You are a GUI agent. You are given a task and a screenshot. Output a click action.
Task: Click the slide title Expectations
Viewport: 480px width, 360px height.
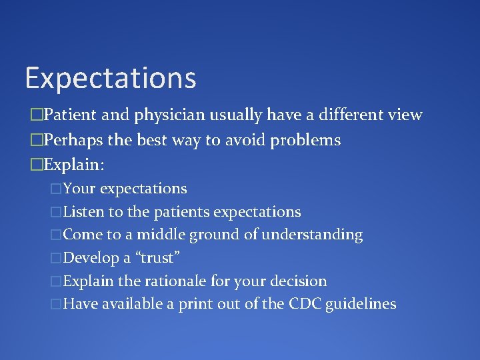pyautogui.click(x=111, y=78)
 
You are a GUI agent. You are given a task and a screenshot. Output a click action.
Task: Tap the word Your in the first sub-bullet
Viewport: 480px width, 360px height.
pyautogui.click(x=79, y=189)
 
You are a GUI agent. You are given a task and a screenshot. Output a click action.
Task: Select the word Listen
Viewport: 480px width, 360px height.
pyautogui.click(x=83, y=212)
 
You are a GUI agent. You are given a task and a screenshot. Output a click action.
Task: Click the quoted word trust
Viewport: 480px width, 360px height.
pyautogui.click(x=158, y=258)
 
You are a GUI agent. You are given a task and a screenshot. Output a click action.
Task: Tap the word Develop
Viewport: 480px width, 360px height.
pyautogui.click(x=92, y=258)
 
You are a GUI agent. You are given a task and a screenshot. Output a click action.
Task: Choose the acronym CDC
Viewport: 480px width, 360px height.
pyautogui.click(x=306, y=304)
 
